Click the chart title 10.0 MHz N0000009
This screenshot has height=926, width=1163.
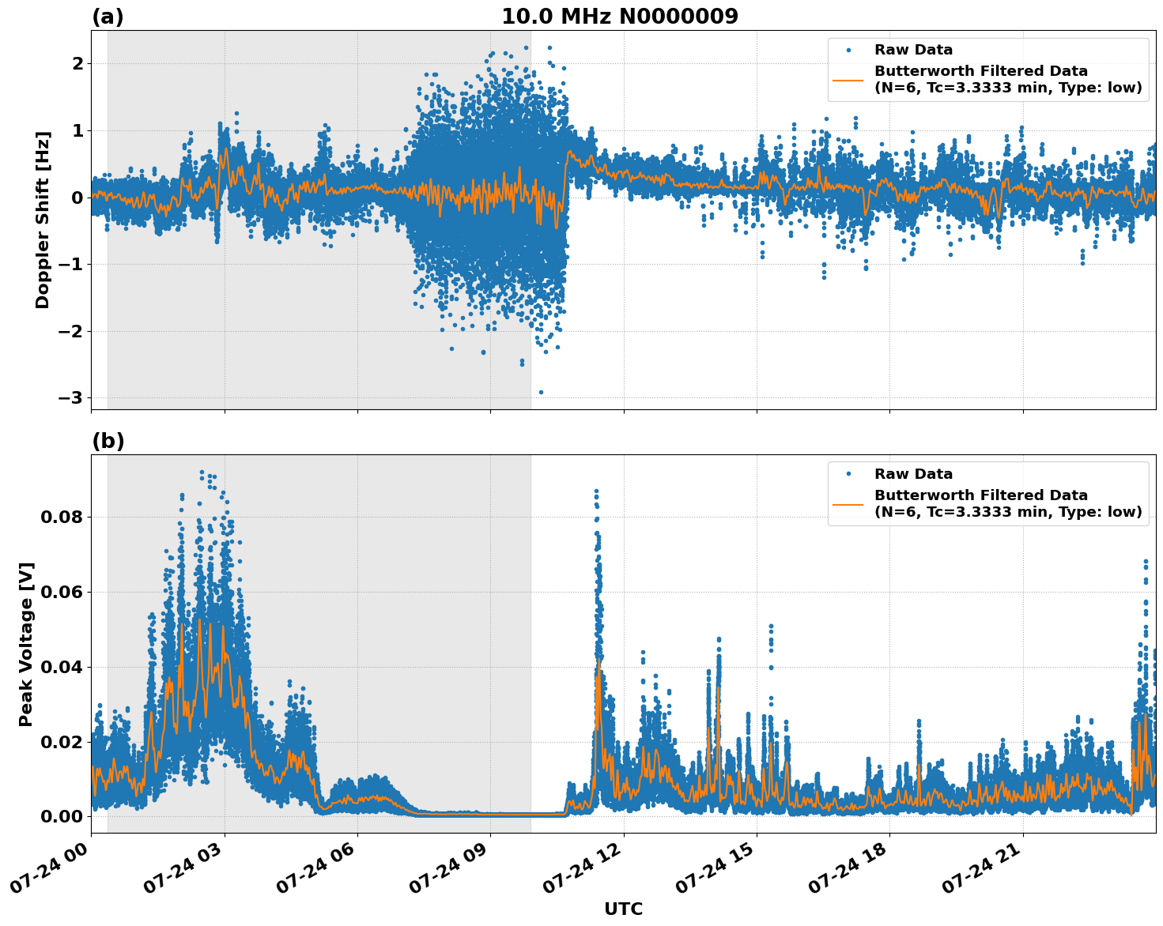point(619,17)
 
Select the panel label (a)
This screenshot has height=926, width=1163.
point(108,17)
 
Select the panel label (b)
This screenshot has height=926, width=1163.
point(108,441)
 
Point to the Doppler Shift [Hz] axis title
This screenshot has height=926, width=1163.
point(43,220)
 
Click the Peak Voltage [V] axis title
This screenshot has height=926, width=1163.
point(26,644)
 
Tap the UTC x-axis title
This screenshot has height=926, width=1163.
point(623,909)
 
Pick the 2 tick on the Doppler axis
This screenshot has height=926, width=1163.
point(77,63)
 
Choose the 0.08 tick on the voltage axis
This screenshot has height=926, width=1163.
point(60,518)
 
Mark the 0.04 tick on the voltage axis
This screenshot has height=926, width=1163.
point(60,667)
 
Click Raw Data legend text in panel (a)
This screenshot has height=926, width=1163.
point(913,50)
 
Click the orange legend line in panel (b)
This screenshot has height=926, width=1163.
point(848,503)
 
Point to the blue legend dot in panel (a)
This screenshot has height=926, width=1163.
point(848,50)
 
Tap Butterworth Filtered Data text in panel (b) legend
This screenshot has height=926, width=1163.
point(980,495)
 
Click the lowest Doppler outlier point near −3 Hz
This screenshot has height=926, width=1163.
point(541,392)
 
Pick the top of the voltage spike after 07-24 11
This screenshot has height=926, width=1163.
point(596,491)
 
